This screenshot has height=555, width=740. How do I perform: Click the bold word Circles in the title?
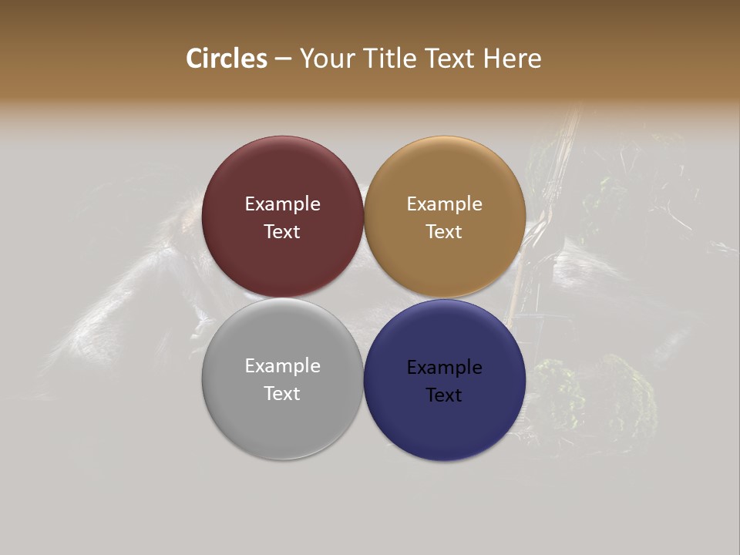[227, 59]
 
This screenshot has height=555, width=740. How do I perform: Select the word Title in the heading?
[390, 59]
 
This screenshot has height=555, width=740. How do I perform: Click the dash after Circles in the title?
[282, 59]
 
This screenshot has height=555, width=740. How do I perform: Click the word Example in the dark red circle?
[282, 204]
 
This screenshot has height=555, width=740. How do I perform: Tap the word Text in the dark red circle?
[282, 232]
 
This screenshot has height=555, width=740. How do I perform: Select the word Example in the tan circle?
[444, 204]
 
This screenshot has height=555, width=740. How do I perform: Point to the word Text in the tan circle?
[444, 232]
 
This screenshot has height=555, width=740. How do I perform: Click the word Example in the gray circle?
[282, 366]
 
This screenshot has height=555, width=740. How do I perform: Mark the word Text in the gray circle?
[282, 394]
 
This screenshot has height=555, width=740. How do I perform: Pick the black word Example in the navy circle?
[444, 368]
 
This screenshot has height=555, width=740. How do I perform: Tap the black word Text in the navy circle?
[444, 395]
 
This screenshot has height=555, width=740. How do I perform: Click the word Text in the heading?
[450, 59]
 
